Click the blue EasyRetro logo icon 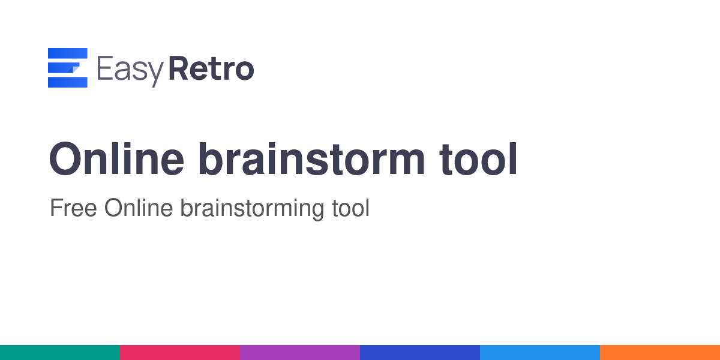click(67, 67)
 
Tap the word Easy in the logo click(130, 71)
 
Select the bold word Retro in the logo click(211, 68)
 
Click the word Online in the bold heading click(116, 159)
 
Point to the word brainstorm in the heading click(312, 159)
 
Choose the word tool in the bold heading click(478, 159)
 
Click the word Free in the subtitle click(73, 208)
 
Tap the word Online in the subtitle click(139, 208)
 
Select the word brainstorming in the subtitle click(253, 209)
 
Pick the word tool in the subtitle click(350, 208)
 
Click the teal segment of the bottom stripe click(60, 353)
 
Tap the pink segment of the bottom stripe click(180, 353)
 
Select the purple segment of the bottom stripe click(300, 353)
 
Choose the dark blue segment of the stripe click(420, 353)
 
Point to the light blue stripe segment click(540, 353)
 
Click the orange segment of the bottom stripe click(660, 353)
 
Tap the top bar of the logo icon click(67, 53)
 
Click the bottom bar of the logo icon click(67, 82)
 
